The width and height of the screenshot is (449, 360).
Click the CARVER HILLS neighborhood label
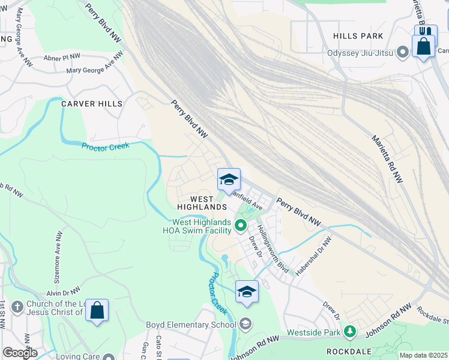92,104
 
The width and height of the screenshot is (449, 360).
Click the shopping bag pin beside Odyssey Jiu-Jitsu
423,46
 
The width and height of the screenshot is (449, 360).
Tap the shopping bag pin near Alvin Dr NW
97,311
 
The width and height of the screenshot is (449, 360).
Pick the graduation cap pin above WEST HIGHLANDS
228,180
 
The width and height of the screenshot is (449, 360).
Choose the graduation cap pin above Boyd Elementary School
247,292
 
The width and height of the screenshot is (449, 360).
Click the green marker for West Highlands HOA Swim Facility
241,226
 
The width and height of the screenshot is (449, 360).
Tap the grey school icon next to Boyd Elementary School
245,325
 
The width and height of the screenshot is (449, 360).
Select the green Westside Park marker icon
349,331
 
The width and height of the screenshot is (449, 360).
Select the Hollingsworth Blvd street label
273,249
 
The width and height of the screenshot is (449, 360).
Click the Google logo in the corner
20,352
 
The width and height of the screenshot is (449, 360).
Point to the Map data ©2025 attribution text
423,355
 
